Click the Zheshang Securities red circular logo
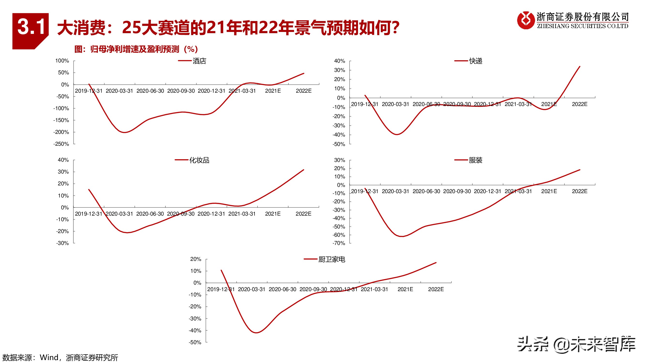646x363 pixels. (x=526, y=20)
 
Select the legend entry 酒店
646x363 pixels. (x=199, y=61)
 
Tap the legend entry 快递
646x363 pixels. (x=475, y=61)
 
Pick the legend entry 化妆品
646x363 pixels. (x=199, y=160)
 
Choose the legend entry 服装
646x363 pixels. (x=475, y=160)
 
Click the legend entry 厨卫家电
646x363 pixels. (x=332, y=259)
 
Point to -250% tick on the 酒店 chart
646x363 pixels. (x=61, y=144)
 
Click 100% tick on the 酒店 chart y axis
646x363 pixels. (x=62, y=61)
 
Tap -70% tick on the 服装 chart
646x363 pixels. (x=339, y=243)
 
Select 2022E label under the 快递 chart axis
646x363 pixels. (x=580, y=104)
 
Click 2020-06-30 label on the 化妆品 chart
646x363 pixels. (x=150, y=214)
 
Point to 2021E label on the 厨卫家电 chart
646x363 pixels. (x=405, y=289)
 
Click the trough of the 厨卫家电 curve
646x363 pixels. (x=256, y=333)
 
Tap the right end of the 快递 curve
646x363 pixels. (x=580, y=66)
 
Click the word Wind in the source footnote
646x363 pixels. (x=49, y=357)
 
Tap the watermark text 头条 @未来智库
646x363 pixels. (x=577, y=345)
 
